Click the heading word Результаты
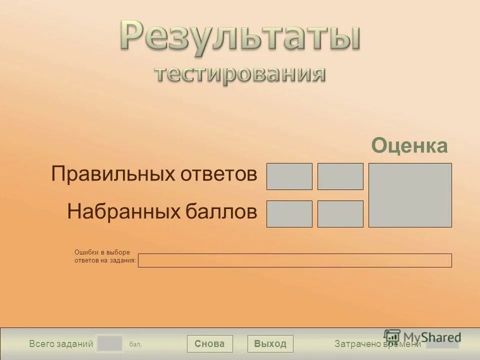pyautogui.click(x=239, y=37)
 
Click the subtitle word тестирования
pyautogui.click(x=239, y=74)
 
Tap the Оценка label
pyautogui.click(x=409, y=146)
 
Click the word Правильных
pyautogui.click(x=110, y=174)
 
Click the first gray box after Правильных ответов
pyautogui.click(x=289, y=176)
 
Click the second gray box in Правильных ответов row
pyautogui.click(x=340, y=176)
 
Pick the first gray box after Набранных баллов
pyautogui.click(x=289, y=214)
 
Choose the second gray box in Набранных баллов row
pyautogui.click(x=340, y=214)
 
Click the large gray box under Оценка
pyautogui.click(x=410, y=195)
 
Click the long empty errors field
pyautogui.click(x=294, y=260)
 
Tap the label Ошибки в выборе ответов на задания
pyautogui.click(x=105, y=256)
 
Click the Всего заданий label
pyautogui.click(x=61, y=344)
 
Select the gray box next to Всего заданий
pyautogui.click(x=109, y=343)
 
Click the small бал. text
pyautogui.click(x=135, y=344)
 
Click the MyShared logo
pyautogui.click(x=422, y=336)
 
